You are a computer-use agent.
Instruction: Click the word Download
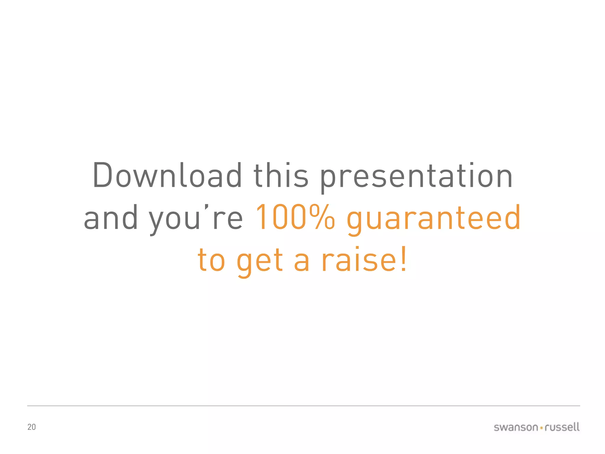[x=167, y=176]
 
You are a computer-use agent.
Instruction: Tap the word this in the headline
[x=281, y=176]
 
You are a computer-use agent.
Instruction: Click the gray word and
[x=111, y=218]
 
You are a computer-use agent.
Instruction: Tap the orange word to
[x=212, y=260]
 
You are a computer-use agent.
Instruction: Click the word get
[x=260, y=262]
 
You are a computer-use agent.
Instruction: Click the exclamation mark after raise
[x=404, y=259]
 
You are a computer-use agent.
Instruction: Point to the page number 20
[x=32, y=427]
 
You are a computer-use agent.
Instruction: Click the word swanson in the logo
[x=516, y=427]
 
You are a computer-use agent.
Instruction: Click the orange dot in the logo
[x=541, y=428]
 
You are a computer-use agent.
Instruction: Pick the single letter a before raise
[x=302, y=262]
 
